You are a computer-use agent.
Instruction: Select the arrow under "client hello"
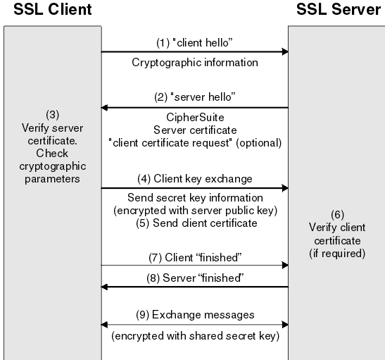(x=194, y=51)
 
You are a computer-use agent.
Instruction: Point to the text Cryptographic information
(x=195, y=63)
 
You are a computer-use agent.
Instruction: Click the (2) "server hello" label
(x=195, y=96)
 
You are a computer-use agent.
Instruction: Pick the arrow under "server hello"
(x=194, y=108)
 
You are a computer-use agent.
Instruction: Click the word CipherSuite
(x=194, y=118)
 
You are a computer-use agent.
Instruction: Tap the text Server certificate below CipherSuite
(x=195, y=130)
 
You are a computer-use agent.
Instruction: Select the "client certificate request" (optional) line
(x=195, y=142)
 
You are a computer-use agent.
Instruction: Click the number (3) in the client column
(x=51, y=114)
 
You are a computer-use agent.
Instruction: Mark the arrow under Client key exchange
(x=194, y=188)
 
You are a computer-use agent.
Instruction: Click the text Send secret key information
(x=195, y=199)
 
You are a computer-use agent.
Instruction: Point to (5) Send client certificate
(x=195, y=223)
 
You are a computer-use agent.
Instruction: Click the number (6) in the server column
(x=337, y=213)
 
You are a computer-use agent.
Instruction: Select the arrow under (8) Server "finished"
(x=194, y=287)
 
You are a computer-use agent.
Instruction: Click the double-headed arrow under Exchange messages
(x=194, y=325)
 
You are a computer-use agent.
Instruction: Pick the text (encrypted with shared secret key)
(x=195, y=337)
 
